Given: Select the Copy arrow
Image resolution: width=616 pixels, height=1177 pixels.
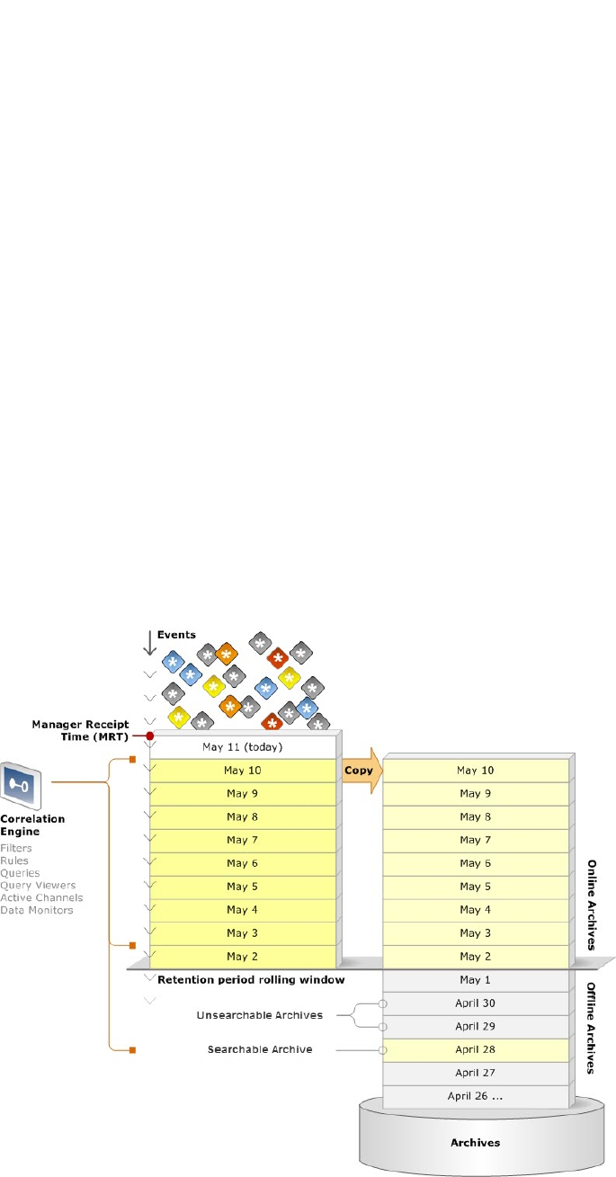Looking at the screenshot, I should click(x=357, y=771).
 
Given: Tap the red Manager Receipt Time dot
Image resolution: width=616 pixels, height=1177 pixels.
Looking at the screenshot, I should click(x=150, y=736).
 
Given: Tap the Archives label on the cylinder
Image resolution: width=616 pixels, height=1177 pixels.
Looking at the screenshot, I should click(x=475, y=1143).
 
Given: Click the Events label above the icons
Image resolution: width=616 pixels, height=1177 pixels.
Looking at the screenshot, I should click(x=176, y=635).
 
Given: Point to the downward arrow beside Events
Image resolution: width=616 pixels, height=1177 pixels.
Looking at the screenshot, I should click(x=150, y=642).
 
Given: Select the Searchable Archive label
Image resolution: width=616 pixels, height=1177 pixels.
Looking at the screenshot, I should click(x=260, y=1049).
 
